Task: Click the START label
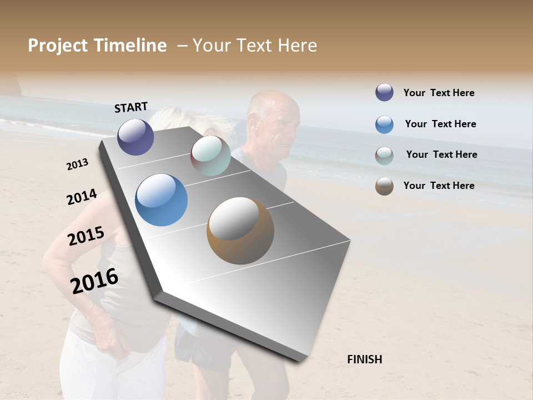pyautogui.click(x=131, y=107)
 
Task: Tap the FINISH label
pyautogui.click(x=365, y=359)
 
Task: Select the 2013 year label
pyautogui.click(x=78, y=164)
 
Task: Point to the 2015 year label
pyautogui.click(x=86, y=236)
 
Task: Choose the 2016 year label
pyautogui.click(x=94, y=281)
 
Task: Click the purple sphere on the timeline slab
pyautogui.click(x=135, y=137)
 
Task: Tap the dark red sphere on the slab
pyautogui.click(x=210, y=156)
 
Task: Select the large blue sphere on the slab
pyautogui.click(x=162, y=200)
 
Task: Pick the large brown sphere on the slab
pyautogui.click(x=240, y=231)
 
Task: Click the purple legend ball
pyautogui.click(x=384, y=93)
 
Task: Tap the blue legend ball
pyautogui.click(x=384, y=124)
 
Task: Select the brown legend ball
pyautogui.click(x=384, y=186)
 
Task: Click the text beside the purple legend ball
pyautogui.click(x=439, y=93)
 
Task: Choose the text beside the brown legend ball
pyautogui.click(x=439, y=186)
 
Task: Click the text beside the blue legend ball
pyautogui.click(x=440, y=124)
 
